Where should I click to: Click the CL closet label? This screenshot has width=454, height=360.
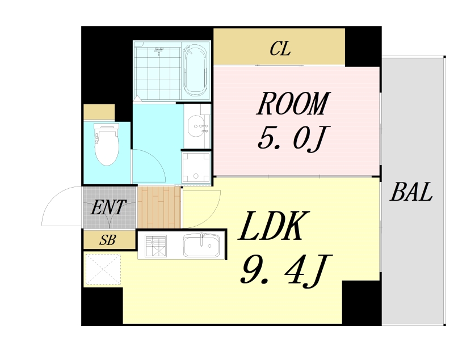pyautogui.click(x=280, y=49)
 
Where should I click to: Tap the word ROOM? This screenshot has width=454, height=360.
pyautogui.click(x=293, y=104)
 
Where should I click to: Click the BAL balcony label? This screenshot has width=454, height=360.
pyautogui.click(x=411, y=193)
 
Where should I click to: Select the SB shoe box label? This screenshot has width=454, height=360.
pyautogui.click(x=108, y=240)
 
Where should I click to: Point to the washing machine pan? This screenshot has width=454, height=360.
pyautogui.click(x=195, y=167)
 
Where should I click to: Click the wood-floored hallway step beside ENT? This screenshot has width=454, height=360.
pyautogui.click(x=159, y=206)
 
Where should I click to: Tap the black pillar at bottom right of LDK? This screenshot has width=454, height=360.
pyautogui.click(x=361, y=302)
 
